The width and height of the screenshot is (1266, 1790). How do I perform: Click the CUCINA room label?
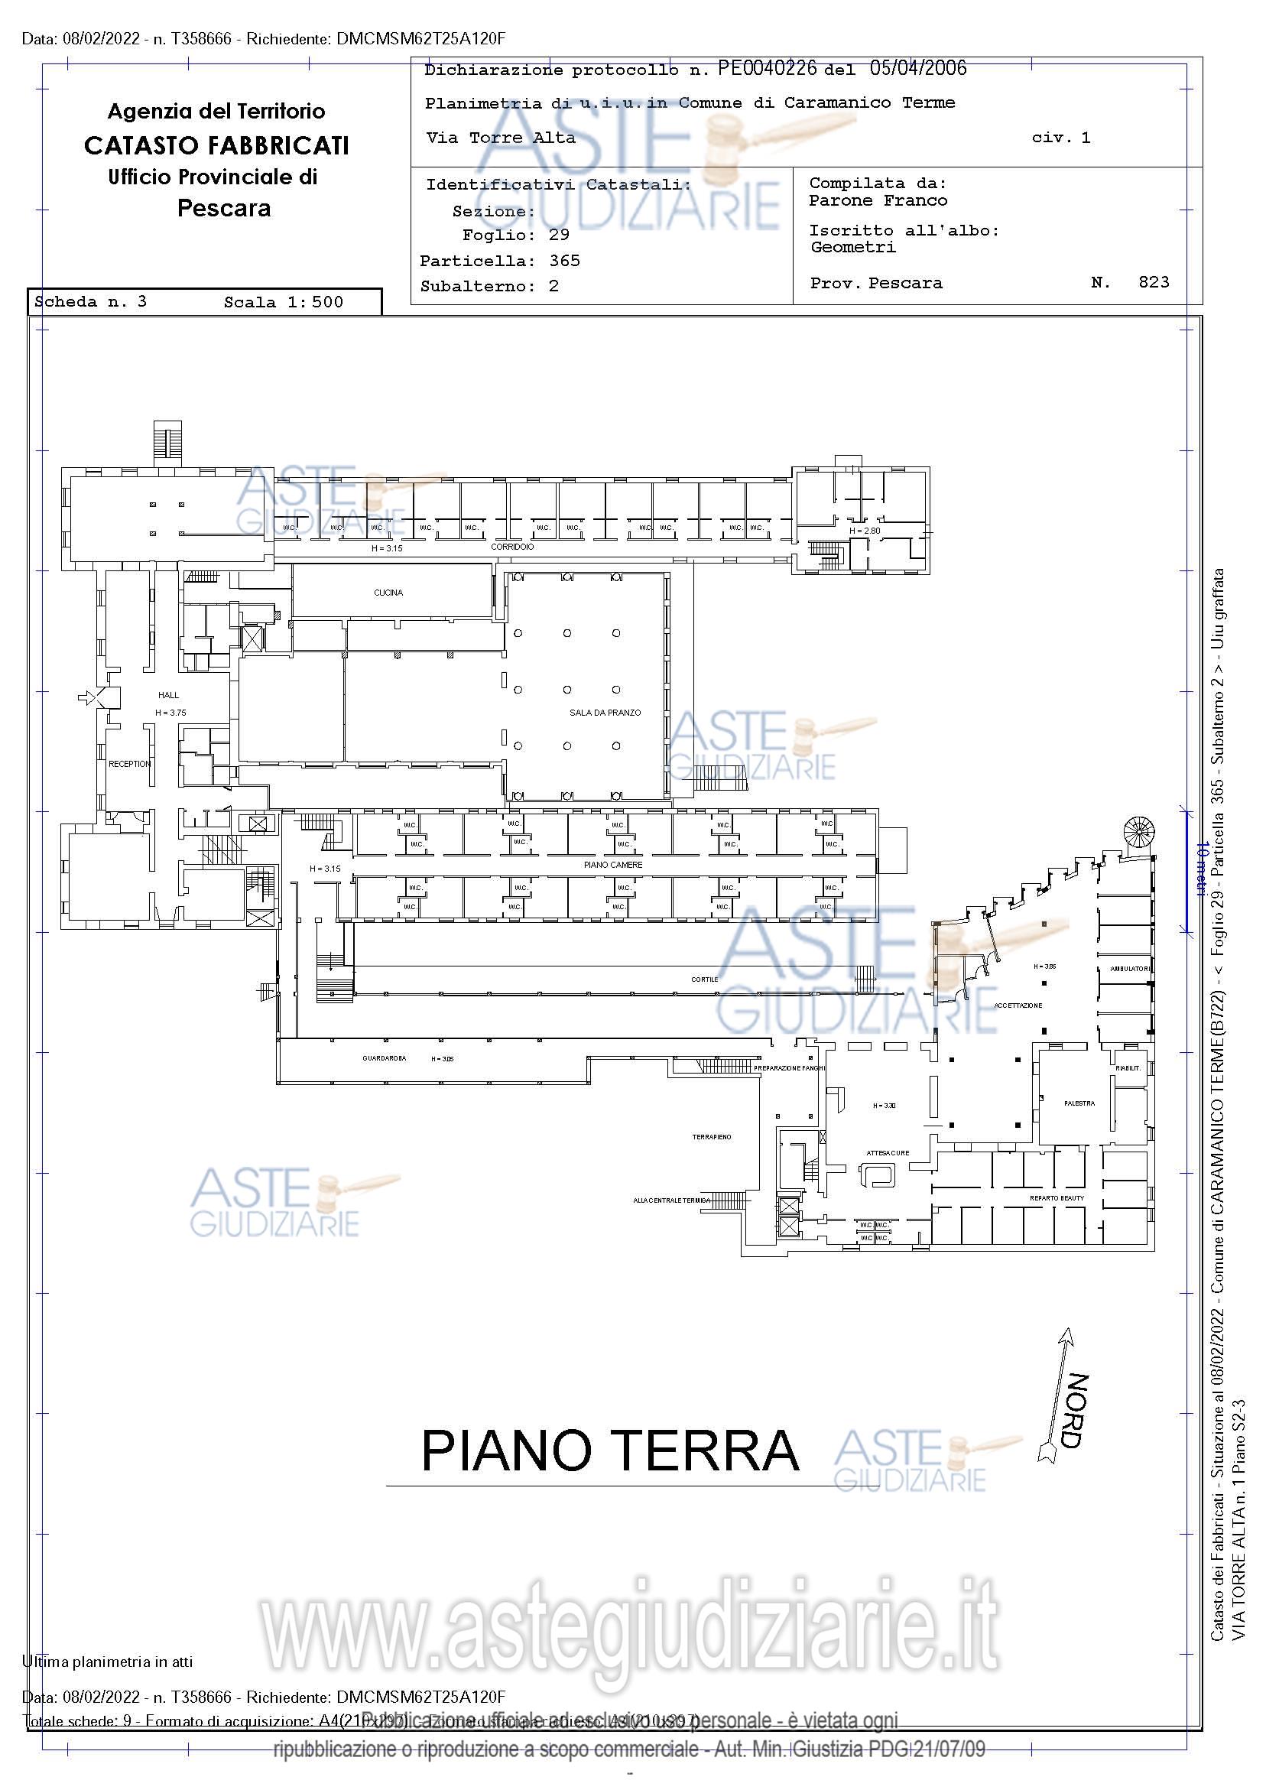(x=388, y=593)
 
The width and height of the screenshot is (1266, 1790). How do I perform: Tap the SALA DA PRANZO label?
(x=605, y=713)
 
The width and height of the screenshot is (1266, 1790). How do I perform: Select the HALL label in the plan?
(x=168, y=695)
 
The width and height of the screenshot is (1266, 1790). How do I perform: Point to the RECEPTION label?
(x=129, y=764)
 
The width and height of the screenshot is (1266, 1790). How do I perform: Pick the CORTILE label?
(x=704, y=979)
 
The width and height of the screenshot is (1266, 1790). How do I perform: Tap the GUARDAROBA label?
(x=385, y=1059)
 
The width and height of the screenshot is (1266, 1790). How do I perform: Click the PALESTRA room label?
(x=1079, y=1103)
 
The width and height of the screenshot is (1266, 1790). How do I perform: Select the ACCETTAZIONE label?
(x=1018, y=1005)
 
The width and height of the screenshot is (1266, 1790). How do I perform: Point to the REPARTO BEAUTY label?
(x=1057, y=1198)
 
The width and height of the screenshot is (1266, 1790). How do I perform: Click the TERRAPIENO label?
(x=712, y=1138)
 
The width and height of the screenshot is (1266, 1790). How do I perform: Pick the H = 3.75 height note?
(x=170, y=713)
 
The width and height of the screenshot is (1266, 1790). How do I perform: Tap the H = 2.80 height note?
(x=864, y=531)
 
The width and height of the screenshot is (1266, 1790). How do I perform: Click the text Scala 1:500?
(x=283, y=303)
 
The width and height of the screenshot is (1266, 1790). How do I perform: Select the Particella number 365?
(x=564, y=261)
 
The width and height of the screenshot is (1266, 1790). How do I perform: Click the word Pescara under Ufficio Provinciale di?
(x=224, y=208)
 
